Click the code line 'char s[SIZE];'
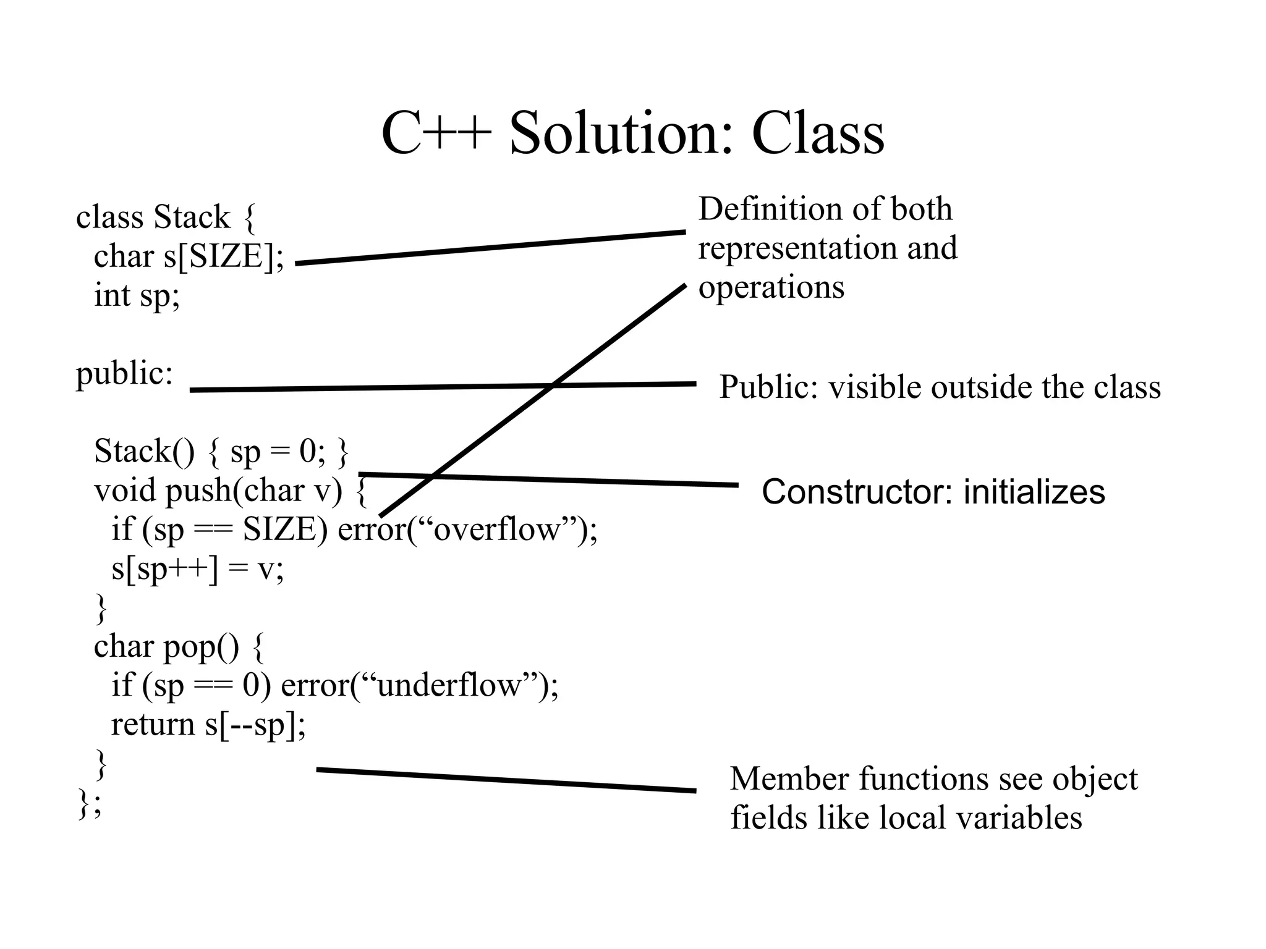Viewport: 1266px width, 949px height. [189, 256]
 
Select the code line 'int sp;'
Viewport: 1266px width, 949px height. [137, 295]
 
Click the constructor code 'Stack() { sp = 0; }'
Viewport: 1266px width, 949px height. [221, 452]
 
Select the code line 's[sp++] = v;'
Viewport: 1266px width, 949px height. [197, 568]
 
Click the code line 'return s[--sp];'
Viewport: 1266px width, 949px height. [208, 725]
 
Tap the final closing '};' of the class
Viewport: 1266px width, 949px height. [90, 803]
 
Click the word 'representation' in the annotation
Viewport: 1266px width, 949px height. [798, 248]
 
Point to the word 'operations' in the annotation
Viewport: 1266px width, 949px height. [771, 288]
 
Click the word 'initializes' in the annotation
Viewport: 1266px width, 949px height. [1034, 492]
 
